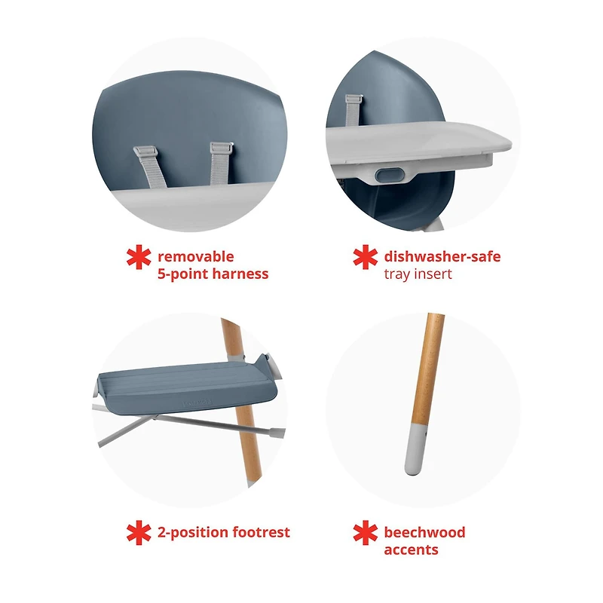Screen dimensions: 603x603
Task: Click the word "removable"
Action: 196,256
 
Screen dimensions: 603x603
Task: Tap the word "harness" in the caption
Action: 240,274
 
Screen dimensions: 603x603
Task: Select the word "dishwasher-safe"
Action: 442,256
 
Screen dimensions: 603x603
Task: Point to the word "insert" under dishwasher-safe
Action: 433,274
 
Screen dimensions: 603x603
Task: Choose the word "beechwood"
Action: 424,532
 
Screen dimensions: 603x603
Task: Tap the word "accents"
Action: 411,550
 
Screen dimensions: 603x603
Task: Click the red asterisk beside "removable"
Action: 139,257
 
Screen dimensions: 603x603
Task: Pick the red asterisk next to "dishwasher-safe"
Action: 366,257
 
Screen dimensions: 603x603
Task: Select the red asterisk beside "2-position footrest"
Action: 139,533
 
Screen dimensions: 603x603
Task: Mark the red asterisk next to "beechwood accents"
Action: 366,533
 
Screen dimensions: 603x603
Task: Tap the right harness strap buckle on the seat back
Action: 222,148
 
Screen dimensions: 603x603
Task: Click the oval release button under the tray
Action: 390,175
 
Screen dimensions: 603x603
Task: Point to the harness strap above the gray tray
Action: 353,110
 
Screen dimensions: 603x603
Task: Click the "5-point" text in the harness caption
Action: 183,274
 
